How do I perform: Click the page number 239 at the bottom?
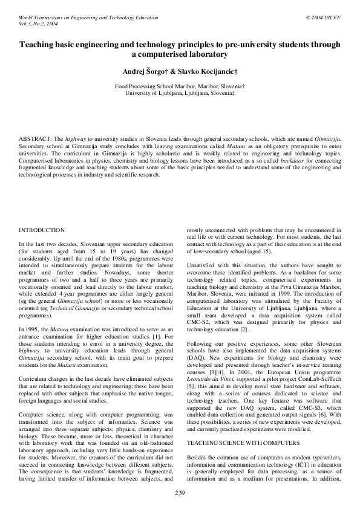180,494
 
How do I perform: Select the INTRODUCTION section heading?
42,230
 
